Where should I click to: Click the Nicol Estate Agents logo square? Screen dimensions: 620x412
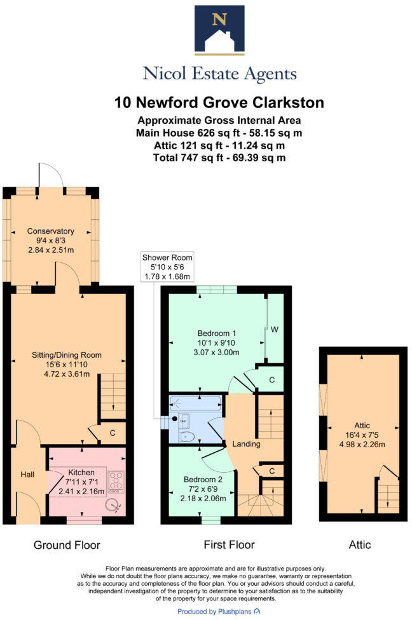click(x=219, y=29)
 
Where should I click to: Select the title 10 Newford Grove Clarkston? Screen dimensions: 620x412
click(x=219, y=102)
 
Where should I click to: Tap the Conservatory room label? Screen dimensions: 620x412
click(x=51, y=231)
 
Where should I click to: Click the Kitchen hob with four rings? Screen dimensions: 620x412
click(x=116, y=481)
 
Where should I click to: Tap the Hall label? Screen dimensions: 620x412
click(x=26, y=474)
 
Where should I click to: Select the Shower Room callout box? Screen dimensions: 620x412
click(x=168, y=267)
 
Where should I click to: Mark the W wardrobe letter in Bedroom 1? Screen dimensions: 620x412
click(x=275, y=329)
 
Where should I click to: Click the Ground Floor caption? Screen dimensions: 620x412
click(x=66, y=544)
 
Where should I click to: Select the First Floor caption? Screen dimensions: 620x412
click(x=229, y=544)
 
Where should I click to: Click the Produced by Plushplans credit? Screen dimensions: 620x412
click(x=218, y=610)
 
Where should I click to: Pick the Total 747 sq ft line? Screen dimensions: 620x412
click(x=219, y=157)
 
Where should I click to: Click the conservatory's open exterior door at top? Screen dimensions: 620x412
click(x=51, y=175)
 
